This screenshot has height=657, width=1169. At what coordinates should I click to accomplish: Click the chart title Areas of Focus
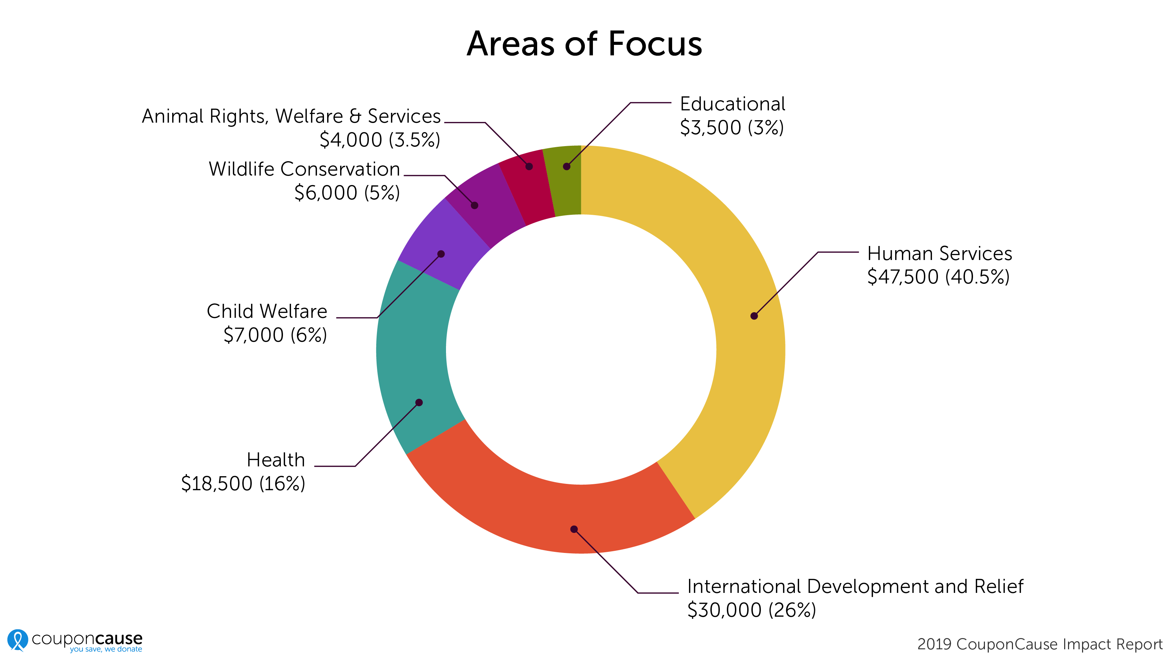(584, 44)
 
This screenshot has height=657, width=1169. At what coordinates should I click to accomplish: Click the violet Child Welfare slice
(435, 245)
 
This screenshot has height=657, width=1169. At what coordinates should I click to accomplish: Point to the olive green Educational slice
(565, 182)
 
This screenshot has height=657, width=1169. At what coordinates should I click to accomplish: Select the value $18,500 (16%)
(243, 484)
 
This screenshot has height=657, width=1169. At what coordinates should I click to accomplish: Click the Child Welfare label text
(267, 312)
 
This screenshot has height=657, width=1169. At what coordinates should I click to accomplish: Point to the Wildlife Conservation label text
(304, 169)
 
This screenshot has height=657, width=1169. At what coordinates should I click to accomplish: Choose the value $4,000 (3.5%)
(380, 140)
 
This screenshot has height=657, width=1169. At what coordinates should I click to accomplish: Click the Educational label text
(732, 104)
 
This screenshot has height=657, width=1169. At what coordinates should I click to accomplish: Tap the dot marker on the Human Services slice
(754, 316)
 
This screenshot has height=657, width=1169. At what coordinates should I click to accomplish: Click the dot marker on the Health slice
(419, 403)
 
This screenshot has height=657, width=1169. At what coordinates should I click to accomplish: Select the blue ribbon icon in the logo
(18, 640)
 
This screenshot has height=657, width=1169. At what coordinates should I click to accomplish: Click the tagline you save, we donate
(106, 649)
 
